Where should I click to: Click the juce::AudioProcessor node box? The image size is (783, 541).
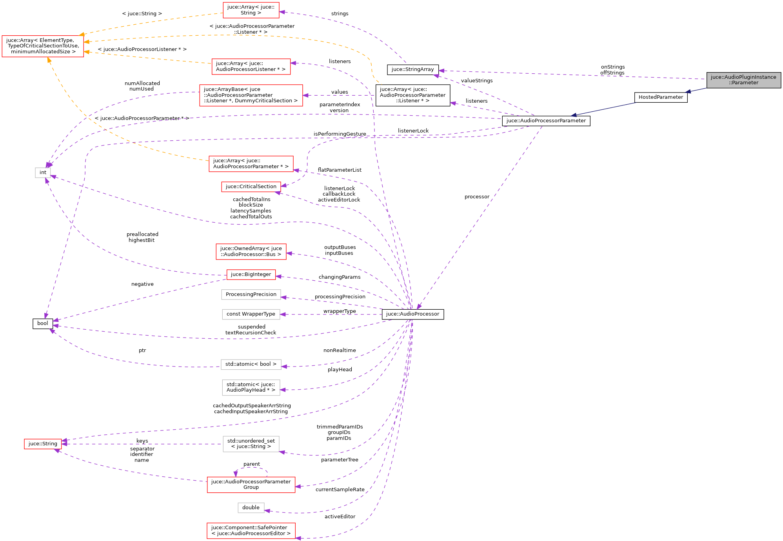tap(412, 314)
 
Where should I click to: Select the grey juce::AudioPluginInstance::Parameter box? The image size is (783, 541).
tap(743, 80)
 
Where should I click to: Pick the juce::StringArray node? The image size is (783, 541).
tap(412, 69)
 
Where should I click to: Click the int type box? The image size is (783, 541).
tap(43, 172)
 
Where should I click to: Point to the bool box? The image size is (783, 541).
tap(43, 323)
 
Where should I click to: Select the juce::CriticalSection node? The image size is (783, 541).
tap(251, 187)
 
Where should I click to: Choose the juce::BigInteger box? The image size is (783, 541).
tap(251, 274)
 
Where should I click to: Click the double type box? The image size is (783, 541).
tap(251, 508)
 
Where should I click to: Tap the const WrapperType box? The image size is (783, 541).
tap(251, 314)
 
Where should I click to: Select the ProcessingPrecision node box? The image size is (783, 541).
tap(251, 294)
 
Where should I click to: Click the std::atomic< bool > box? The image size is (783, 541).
tap(251, 364)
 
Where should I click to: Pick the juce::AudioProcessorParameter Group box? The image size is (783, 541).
tap(251, 485)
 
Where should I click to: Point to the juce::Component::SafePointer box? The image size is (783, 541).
tap(251, 530)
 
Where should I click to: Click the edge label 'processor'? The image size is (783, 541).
tap(477, 197)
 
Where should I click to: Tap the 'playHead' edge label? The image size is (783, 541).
tap(340, 370)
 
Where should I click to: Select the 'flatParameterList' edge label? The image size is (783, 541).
tap(340, 170)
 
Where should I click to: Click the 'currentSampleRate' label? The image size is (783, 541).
tap(340, 490)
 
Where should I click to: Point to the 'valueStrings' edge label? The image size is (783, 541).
tap(477, 81)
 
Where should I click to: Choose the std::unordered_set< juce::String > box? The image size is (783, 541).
tap(251, 444)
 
